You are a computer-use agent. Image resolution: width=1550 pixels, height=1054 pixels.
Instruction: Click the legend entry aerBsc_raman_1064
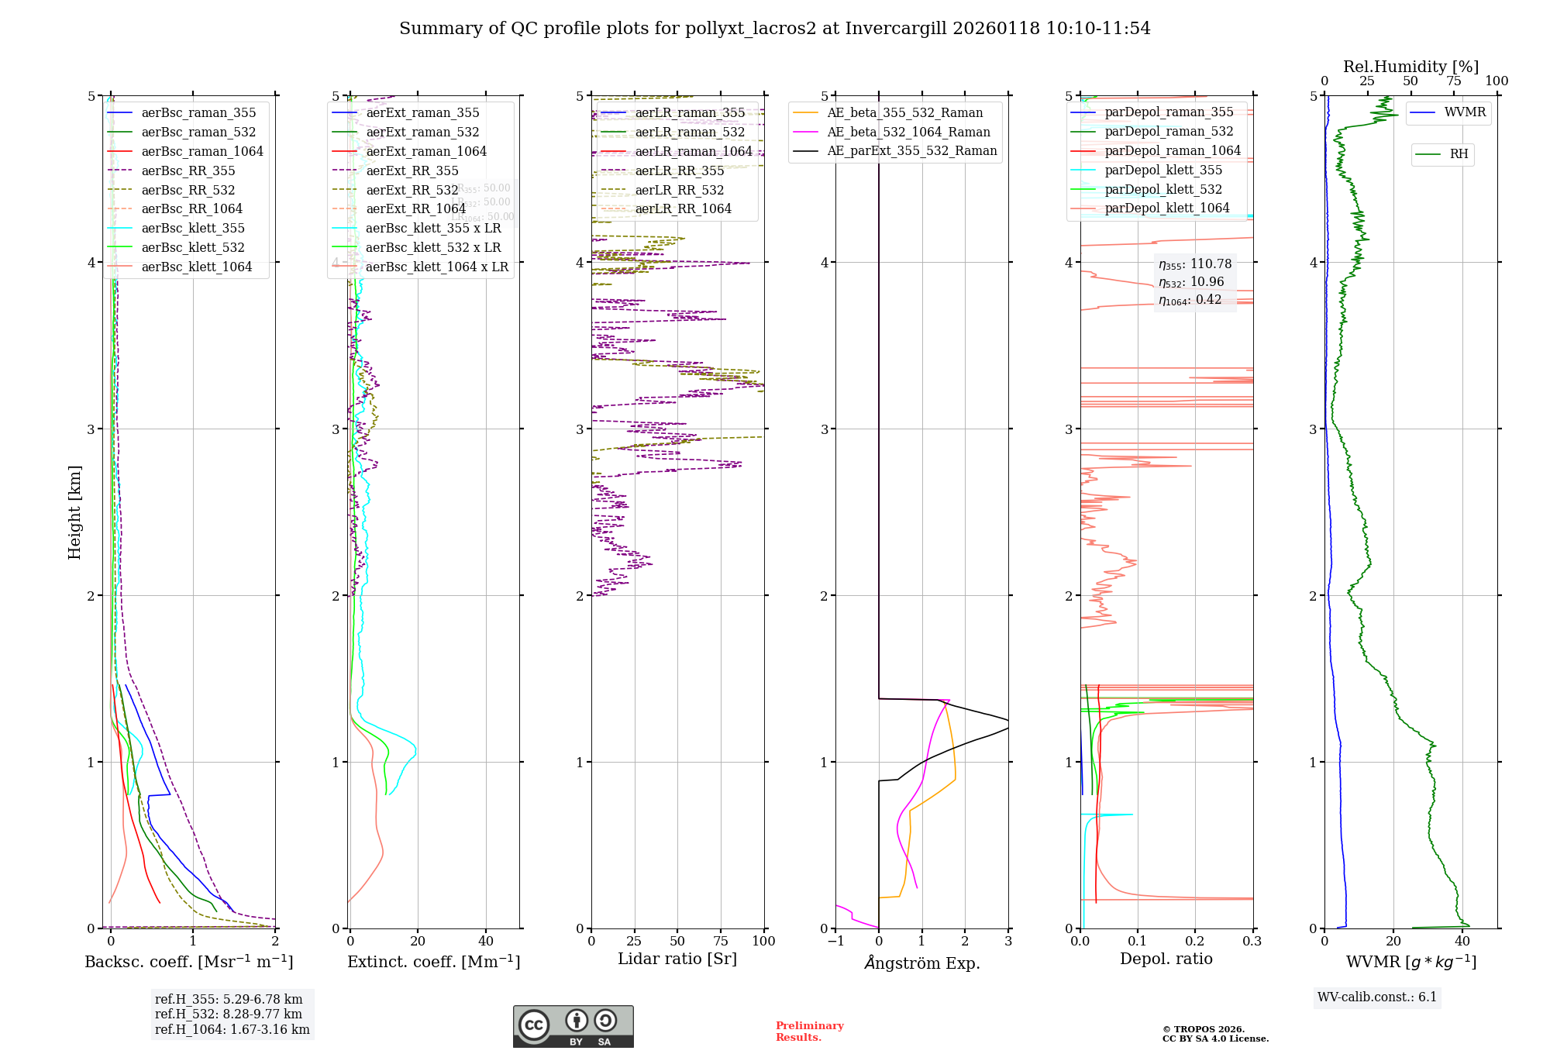click(x=202, y=152)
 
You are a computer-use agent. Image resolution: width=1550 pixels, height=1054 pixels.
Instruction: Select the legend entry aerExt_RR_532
click(x=412, y=190)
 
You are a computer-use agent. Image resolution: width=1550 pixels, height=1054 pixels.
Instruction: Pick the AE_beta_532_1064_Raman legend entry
click(x=908, y=133)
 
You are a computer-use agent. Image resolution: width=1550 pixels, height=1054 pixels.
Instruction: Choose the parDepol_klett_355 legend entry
click(x=1163, y=170)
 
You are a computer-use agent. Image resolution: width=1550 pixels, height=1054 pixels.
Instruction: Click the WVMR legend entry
click(x=1465, y=112)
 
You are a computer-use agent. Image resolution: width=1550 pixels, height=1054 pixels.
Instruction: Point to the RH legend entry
click(x=1459, y=154)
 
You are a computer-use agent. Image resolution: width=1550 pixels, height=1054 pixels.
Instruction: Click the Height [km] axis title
click(x=74, y=512)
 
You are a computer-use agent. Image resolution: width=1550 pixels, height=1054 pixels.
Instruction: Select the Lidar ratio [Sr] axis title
click(x=677, y=959)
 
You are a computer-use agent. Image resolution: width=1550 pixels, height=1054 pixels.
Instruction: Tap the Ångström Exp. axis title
click(x=922, y=963)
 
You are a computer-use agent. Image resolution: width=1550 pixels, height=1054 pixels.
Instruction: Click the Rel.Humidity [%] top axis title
click(x=1410, y=67)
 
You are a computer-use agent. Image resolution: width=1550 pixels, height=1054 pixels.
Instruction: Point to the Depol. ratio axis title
click(x=1166, y=959)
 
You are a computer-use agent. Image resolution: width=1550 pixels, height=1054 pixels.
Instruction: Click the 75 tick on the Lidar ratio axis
click(x=721, y=941)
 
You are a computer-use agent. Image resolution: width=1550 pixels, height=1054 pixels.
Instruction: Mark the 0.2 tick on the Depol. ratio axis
click(x=1195, y=941)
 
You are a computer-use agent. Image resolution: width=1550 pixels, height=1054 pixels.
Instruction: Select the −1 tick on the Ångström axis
click(x=835, y=941)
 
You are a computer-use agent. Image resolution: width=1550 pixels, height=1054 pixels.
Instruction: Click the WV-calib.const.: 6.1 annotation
click(x=1377, y=997)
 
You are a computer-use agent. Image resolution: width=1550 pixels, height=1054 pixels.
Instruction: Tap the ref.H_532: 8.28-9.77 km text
click(x=229, y=1014)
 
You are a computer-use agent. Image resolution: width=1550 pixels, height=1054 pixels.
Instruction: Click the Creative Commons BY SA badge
click(x=573, y=1027)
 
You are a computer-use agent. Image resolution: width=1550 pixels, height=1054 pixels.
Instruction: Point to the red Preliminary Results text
click(x=809, y=1032)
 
